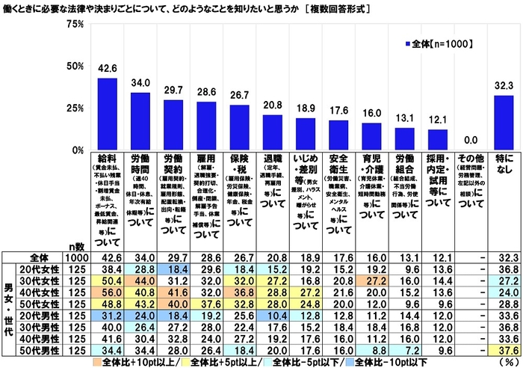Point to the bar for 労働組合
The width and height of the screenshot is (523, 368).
coord(404,139)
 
